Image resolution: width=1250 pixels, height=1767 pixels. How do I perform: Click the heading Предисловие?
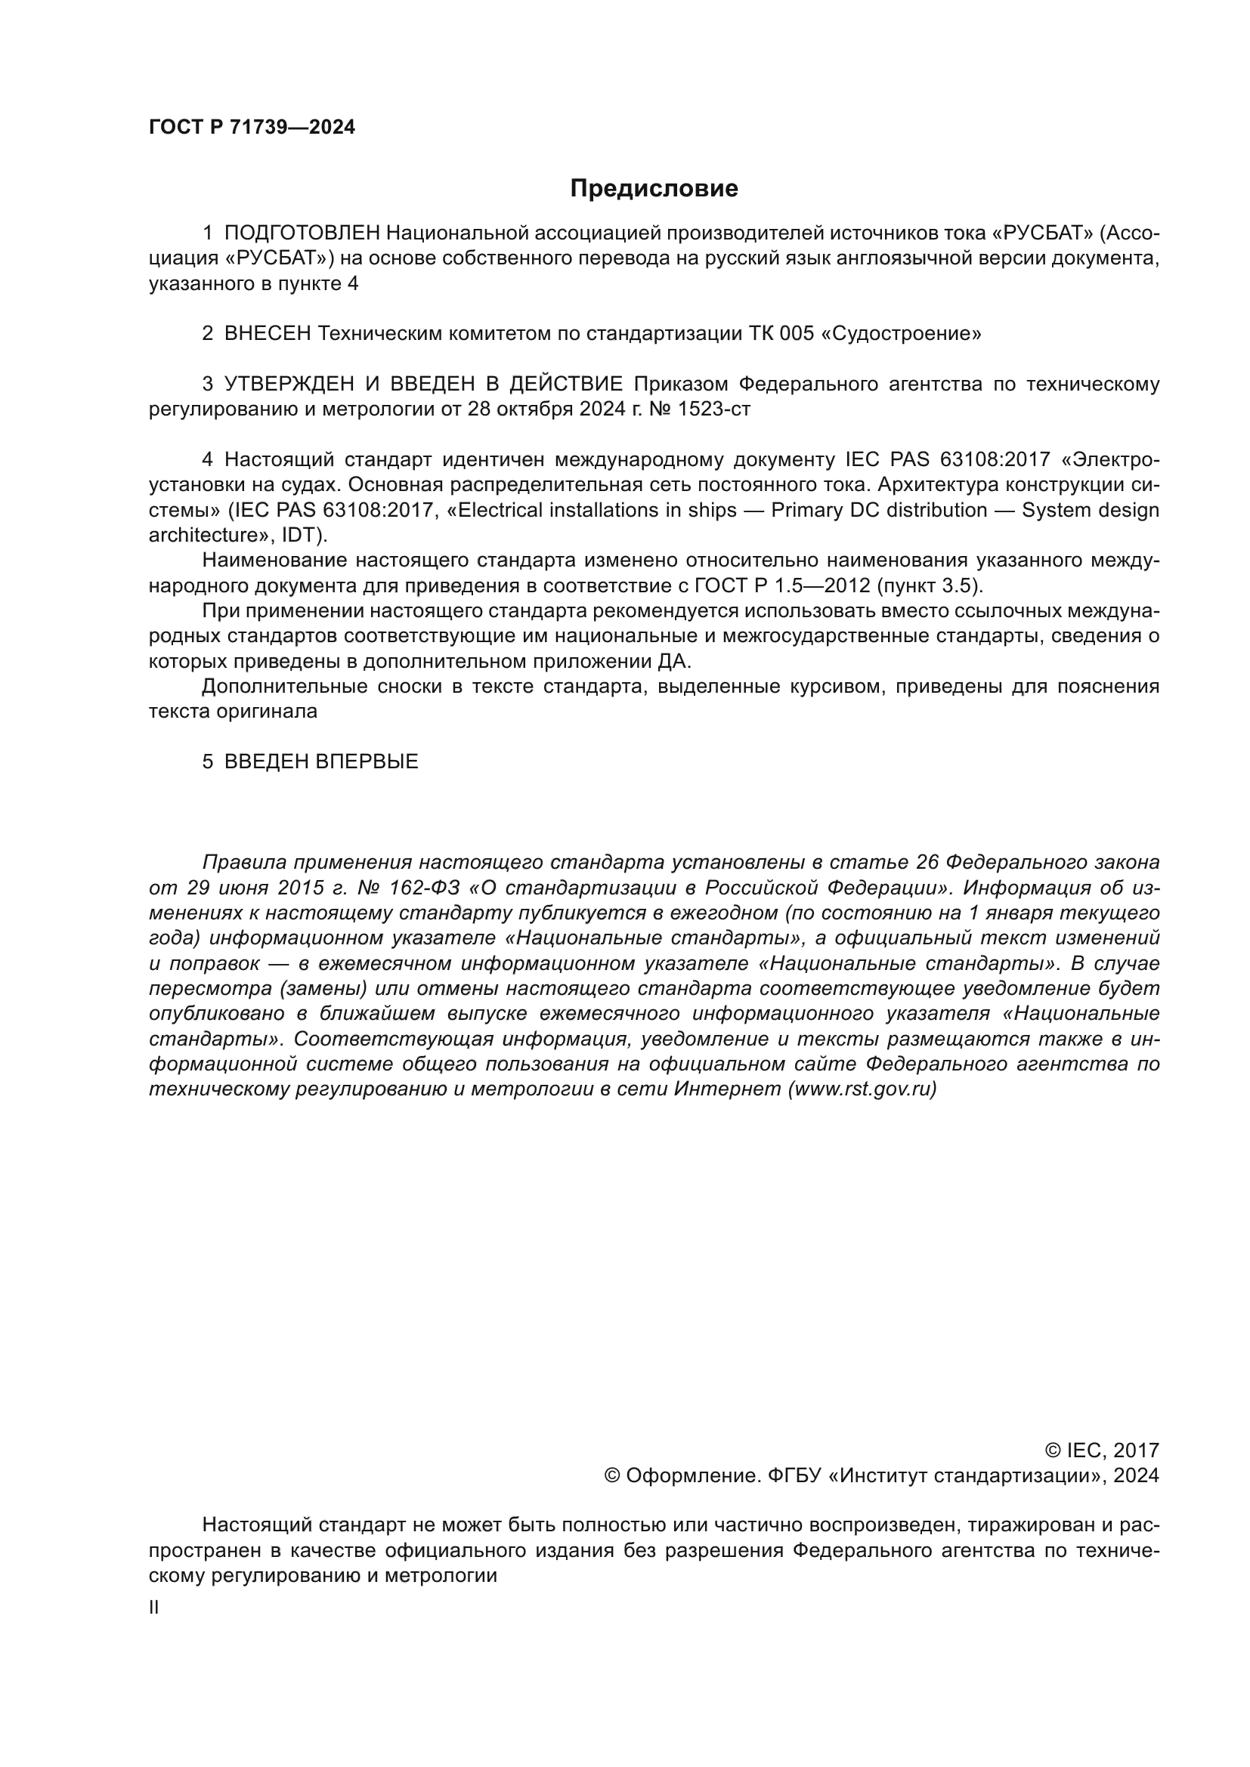pos(654,189)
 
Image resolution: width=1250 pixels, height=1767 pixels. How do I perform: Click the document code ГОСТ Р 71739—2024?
pos(252,128)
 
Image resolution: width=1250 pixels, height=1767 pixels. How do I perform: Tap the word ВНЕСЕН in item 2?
pos(268,334)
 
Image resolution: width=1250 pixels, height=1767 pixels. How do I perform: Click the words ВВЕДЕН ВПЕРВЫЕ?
pos(321,762)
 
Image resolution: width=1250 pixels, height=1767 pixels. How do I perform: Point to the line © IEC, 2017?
pos(1101,1450)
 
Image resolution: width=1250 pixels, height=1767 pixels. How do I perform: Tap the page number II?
pos(154,1608)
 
